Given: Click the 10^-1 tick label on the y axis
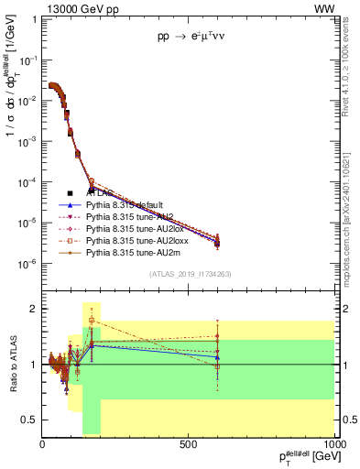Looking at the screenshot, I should tap(27, 60).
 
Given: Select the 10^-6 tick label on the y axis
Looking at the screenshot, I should tap(27, 264).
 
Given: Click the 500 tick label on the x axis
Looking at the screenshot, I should tap(190, 444).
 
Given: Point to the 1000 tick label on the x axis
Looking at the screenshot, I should tap(335, 444).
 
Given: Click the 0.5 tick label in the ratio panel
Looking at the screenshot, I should tap(30, 420).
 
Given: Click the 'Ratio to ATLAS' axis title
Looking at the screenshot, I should tap(12, 365).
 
